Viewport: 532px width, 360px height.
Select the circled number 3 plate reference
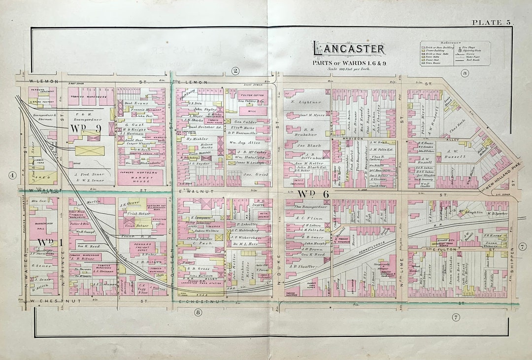pos(465,73)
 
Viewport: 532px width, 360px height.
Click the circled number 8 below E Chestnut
pos(198,312)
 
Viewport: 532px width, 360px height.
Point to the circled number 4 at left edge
pos(12,175)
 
